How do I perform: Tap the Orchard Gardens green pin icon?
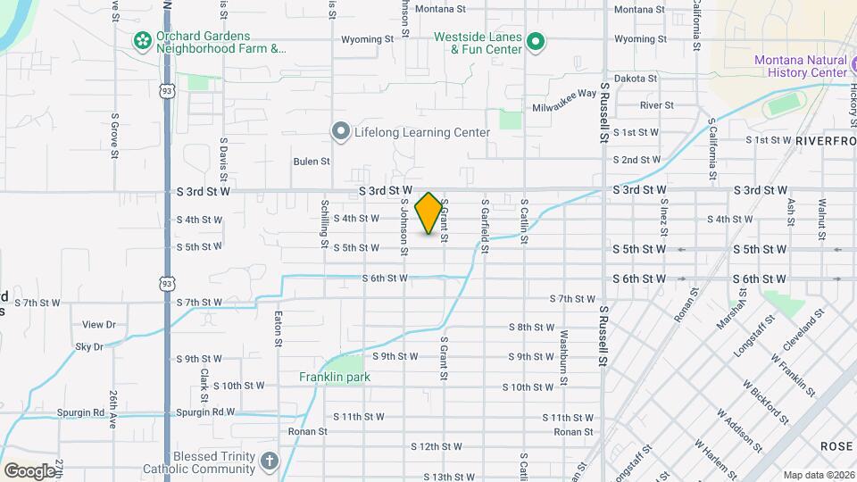[141, 40]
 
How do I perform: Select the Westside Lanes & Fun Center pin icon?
[535, 42]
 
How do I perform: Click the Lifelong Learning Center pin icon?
[340, 132]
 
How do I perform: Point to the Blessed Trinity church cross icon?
[270, 461]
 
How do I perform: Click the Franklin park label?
[334, 377]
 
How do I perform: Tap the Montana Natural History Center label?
[800, 66]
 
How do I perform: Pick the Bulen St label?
[312, 162]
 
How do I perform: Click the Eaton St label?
[279, 328]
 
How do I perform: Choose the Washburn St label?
[563, 354]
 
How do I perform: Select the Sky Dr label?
[91, 346]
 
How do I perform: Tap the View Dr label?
[99, 325]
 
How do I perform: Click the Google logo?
[29, 470]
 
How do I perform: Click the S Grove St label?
[115, 135]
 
